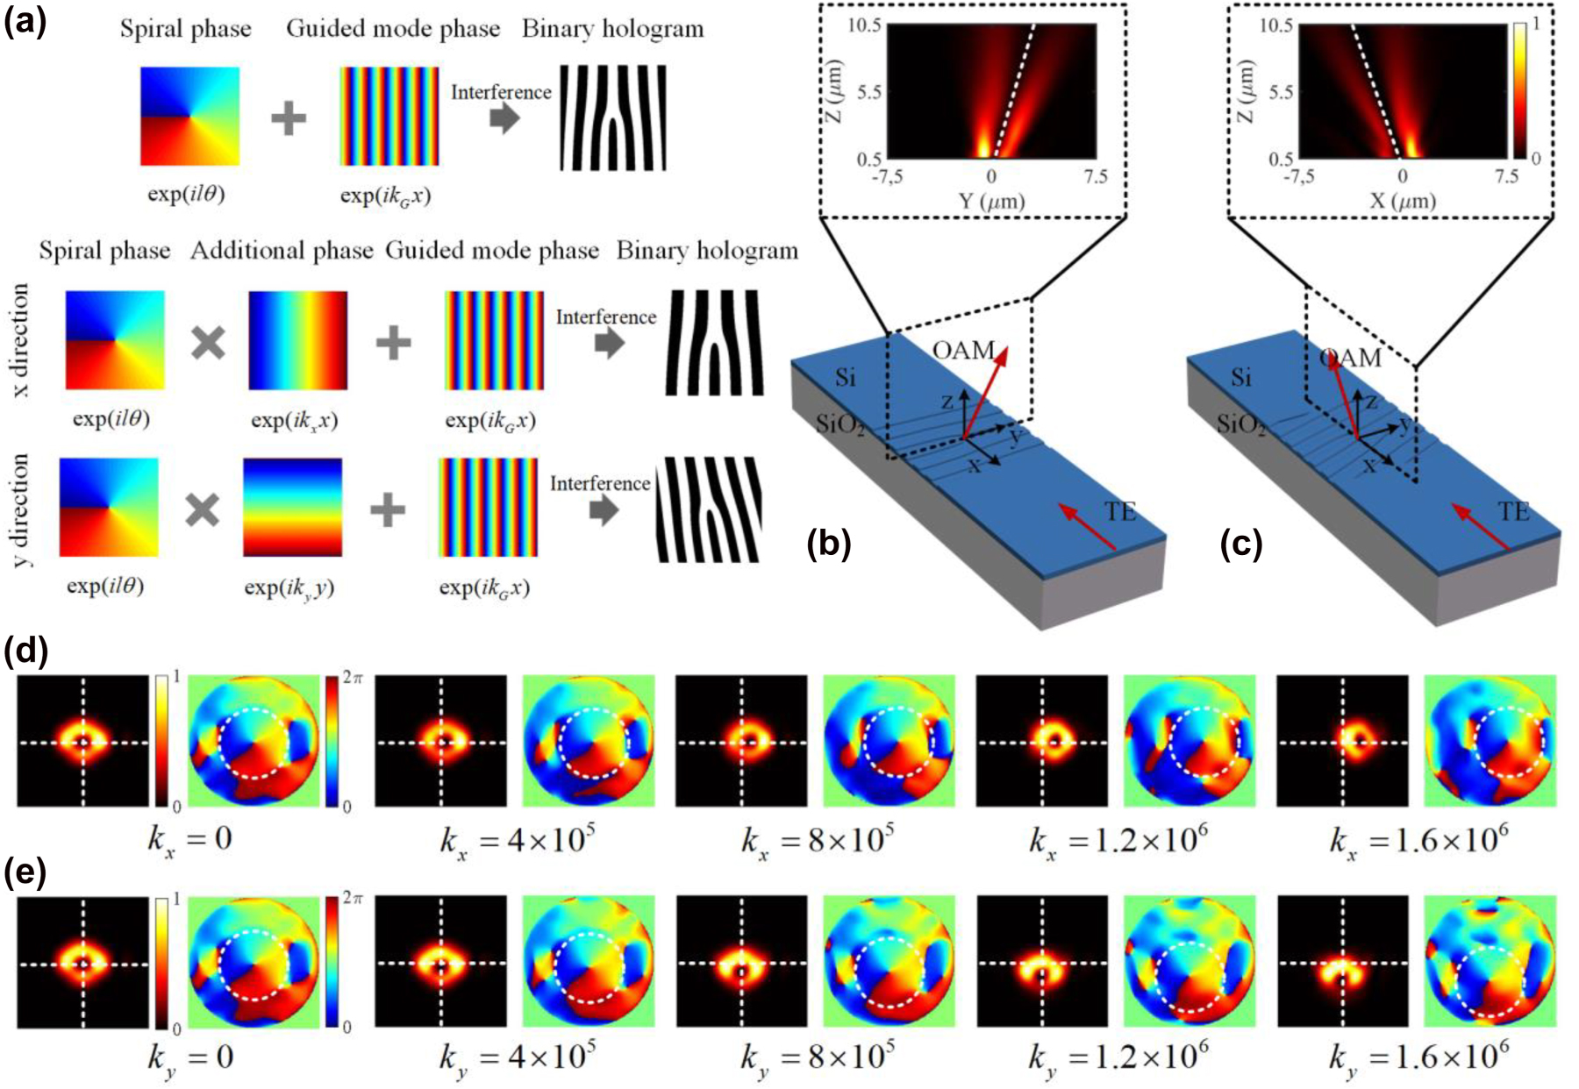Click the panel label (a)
25,19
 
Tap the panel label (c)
1240,544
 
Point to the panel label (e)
25,874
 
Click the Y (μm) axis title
991,201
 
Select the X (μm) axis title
1403,201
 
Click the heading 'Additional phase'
282,251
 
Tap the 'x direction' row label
19,340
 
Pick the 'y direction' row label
19,509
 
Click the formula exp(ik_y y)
289,587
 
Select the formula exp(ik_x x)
294,420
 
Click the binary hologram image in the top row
613,117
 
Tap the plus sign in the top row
289,117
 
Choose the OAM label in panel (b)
963,351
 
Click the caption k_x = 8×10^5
818,841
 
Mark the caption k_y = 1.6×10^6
1418,1057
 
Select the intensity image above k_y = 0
83,962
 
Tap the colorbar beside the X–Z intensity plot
1519,91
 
